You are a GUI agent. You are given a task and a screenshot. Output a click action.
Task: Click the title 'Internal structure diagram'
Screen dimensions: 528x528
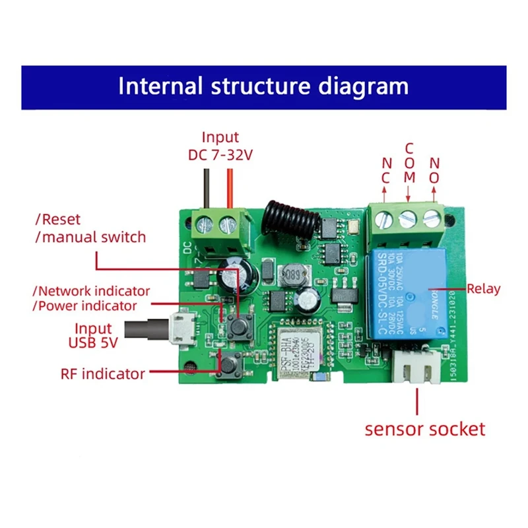pos(263,86)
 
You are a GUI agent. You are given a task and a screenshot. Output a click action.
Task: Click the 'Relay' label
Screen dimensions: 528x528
pos(484,288)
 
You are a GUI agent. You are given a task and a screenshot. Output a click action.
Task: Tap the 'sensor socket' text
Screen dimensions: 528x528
pos(425,429)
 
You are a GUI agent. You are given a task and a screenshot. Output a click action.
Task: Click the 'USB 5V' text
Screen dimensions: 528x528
pos(92,343)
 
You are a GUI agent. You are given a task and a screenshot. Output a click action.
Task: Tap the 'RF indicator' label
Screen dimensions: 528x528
pos(102,374)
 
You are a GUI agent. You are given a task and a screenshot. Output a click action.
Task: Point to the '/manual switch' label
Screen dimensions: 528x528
pos(90,236)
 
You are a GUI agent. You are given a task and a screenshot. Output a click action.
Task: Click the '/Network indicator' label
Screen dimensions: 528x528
pos(91,290)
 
